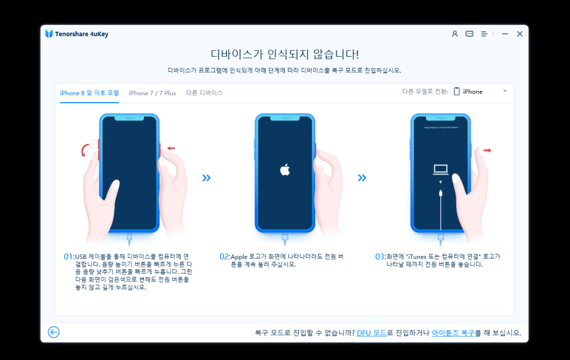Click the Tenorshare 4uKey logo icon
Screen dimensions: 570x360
click(x=49, y=34)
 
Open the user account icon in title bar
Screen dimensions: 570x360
click(x=455, y=34)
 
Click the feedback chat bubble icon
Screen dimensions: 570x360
click(x=469, y=34)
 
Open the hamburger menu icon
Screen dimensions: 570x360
click(x=484, y=34)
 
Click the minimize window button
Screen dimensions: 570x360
click(x=505, y=34)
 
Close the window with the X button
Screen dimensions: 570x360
click(x=520, y=34)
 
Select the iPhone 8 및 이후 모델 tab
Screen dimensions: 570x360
click(x=90, y=93)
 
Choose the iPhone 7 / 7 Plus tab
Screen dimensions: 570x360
click(x=152, y=93)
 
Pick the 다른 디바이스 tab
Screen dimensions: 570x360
click(x=204, y=93)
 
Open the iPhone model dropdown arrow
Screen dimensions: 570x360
click(x=505, y=91)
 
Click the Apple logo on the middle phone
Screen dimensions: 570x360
click(x=285, y=169)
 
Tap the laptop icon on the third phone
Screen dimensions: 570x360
click(x=441, y=169)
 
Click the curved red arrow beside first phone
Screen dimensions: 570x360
click(x=84, y=150)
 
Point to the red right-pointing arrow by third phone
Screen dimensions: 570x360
click(x=487, y=150)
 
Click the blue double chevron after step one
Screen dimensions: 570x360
click(x=207, y=178)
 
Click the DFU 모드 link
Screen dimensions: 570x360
click(x=372, y=333)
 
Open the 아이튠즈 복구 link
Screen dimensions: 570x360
click(x=453, y=333)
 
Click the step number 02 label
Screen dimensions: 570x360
click(x=224, y=257)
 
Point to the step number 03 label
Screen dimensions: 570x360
click(x=380, y=257)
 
